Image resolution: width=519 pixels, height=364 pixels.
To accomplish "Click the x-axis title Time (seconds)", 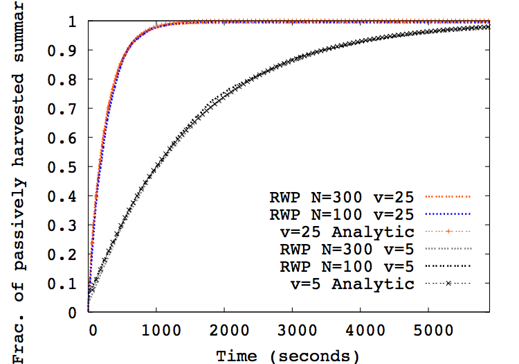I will click(288, 356).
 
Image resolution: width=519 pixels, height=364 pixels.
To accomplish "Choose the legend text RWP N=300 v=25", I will click(343, 196).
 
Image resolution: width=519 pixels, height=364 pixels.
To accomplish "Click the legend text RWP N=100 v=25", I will click(343, 214).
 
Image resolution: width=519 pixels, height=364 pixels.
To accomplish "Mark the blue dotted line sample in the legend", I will click(446, 214).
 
